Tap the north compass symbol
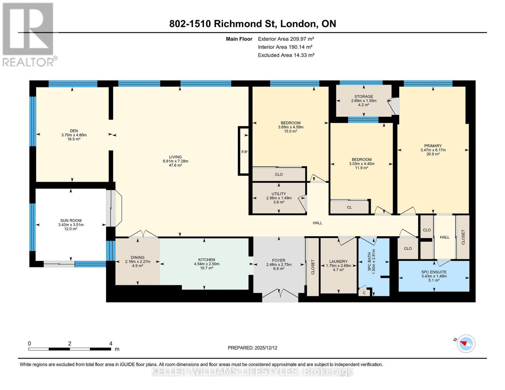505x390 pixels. (466, 344)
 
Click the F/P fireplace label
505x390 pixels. (245, 152)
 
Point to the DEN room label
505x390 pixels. (74, 131)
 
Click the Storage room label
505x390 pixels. (364, 97)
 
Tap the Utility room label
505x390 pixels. (279, 194)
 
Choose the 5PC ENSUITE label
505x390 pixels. (434, 272)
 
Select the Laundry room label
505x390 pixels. (338, 261)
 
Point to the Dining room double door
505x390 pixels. (143, 234)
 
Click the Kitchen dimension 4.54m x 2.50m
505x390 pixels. (206, 264)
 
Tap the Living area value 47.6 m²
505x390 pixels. (175, 165)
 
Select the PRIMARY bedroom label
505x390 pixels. (433, 146)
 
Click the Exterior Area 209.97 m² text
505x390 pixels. (286, 39)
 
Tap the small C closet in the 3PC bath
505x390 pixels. (364, 293)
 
